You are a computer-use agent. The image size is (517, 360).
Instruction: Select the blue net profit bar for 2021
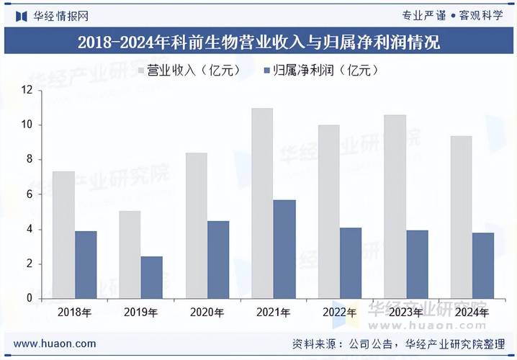[284, 249]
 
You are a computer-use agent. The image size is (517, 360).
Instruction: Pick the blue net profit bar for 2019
[152, 277]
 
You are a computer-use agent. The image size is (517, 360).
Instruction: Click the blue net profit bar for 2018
[86, 264]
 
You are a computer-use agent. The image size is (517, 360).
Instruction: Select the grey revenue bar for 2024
[461, 217]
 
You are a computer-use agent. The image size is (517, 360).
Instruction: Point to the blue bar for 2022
[351, 263]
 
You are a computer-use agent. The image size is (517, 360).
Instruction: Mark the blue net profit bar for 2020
[218, 259]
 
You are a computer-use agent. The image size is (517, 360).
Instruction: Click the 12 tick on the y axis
[28, 90]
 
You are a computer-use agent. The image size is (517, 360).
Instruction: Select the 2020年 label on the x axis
[207, 312]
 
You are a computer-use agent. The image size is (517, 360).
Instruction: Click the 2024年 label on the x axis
[472, 312]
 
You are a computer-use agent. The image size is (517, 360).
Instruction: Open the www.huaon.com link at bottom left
[54, 343]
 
